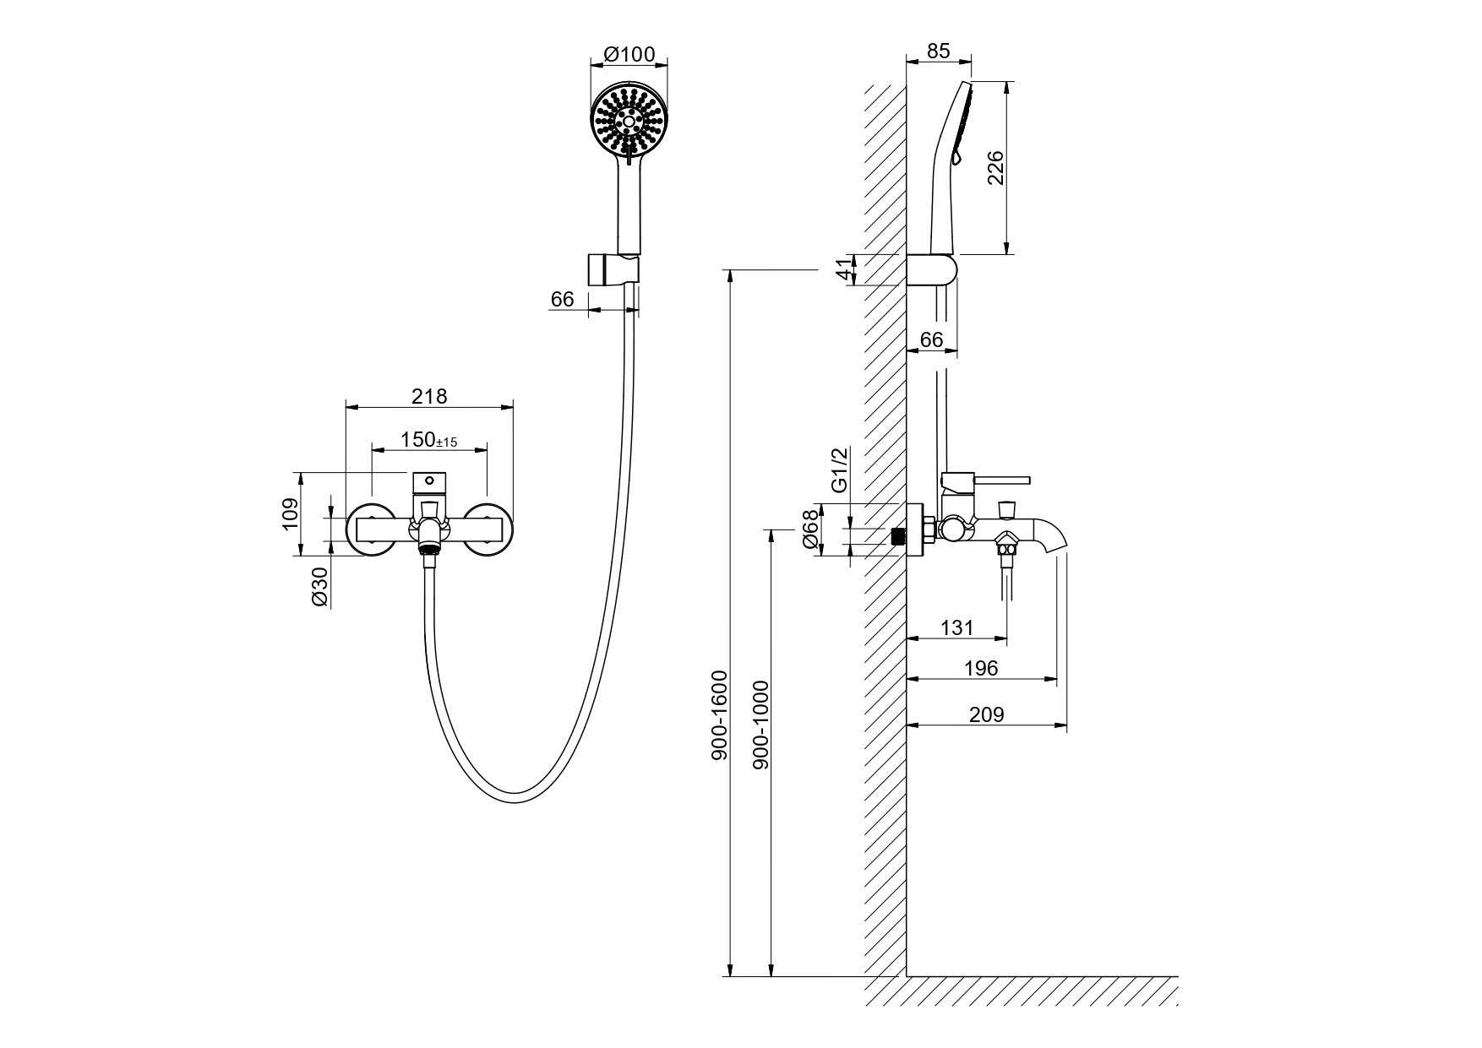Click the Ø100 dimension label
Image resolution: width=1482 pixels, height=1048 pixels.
629,54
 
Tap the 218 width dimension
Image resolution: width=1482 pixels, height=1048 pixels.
429,395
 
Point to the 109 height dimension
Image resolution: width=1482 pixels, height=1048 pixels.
290,513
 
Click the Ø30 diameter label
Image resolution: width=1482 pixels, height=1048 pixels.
319,585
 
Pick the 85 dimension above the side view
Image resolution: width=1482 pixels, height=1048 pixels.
938,51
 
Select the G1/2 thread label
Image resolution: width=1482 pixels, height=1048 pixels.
840,470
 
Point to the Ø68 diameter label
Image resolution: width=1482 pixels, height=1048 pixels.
811,529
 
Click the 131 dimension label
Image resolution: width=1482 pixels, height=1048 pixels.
956,627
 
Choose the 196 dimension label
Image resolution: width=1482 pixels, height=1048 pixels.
981,668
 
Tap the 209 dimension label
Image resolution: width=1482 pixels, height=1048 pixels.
986,714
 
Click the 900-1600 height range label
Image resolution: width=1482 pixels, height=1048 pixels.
719,714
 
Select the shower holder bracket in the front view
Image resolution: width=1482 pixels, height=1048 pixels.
613,270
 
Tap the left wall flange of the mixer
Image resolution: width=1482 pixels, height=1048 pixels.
369,529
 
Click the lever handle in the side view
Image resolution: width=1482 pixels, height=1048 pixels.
985,481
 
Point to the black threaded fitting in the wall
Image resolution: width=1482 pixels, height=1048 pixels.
899,535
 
